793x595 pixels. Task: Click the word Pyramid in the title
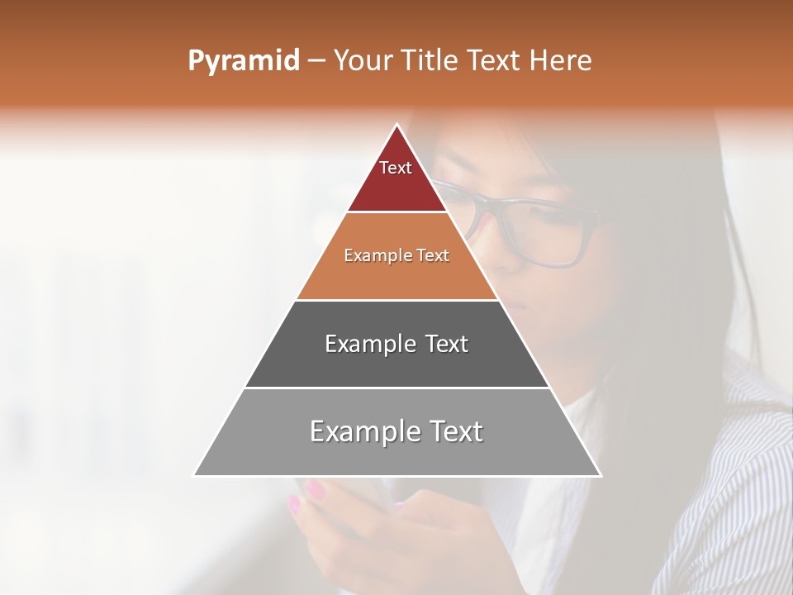coord(243,61)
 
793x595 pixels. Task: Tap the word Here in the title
coord(561,61)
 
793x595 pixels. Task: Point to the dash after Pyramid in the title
coord(316,61)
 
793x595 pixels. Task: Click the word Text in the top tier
coord(396,168)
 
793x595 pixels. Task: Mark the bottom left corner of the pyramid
coord(195,475)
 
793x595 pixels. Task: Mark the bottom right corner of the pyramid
coord(600,475)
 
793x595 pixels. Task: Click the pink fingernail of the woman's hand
coord(315,490)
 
